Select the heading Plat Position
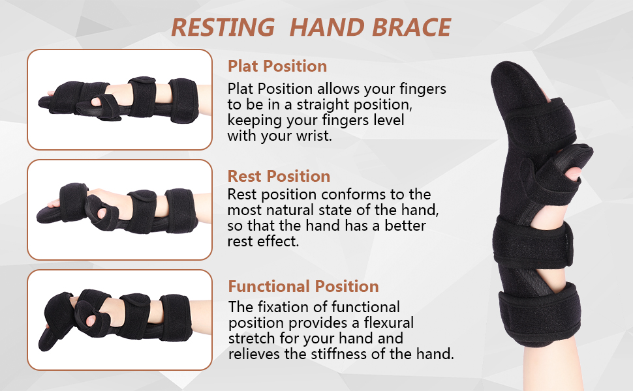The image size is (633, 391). pyautogui.click(x=277, y=66)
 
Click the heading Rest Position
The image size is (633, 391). pyautogui.click(x=279, y=176)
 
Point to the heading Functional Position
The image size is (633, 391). pyautogui.click(x=303, y=286)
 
